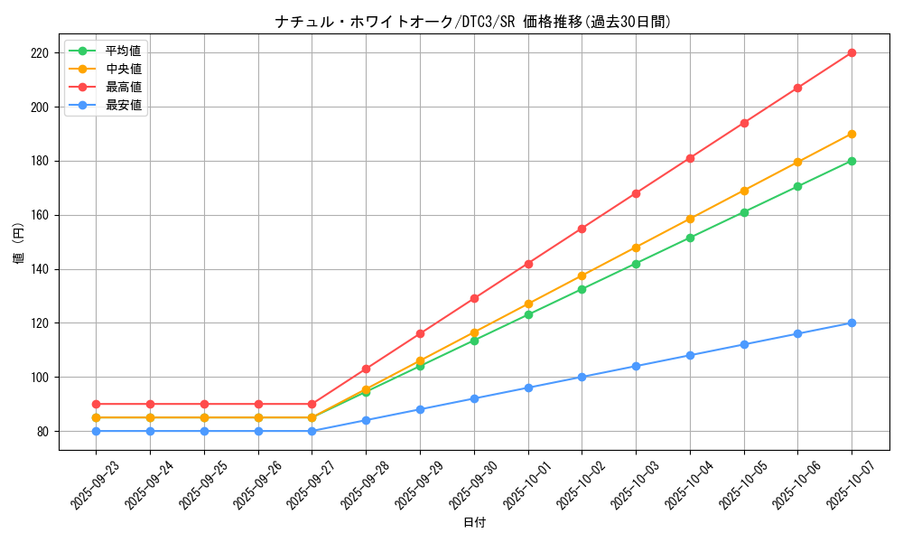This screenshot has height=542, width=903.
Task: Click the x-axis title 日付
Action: pos(473,523)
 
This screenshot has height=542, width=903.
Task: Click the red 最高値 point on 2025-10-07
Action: pos(852,52)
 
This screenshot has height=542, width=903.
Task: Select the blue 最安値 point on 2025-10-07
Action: pos(852,322)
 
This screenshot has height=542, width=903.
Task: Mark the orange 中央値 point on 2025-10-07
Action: pos(852,134)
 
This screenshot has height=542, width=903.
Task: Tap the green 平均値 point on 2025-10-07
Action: pos(852,161)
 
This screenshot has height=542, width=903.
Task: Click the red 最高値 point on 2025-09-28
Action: pos(366,369)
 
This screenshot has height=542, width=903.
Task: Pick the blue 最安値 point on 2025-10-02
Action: pos(582,377)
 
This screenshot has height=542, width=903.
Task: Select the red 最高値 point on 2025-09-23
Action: pos(96,404)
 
